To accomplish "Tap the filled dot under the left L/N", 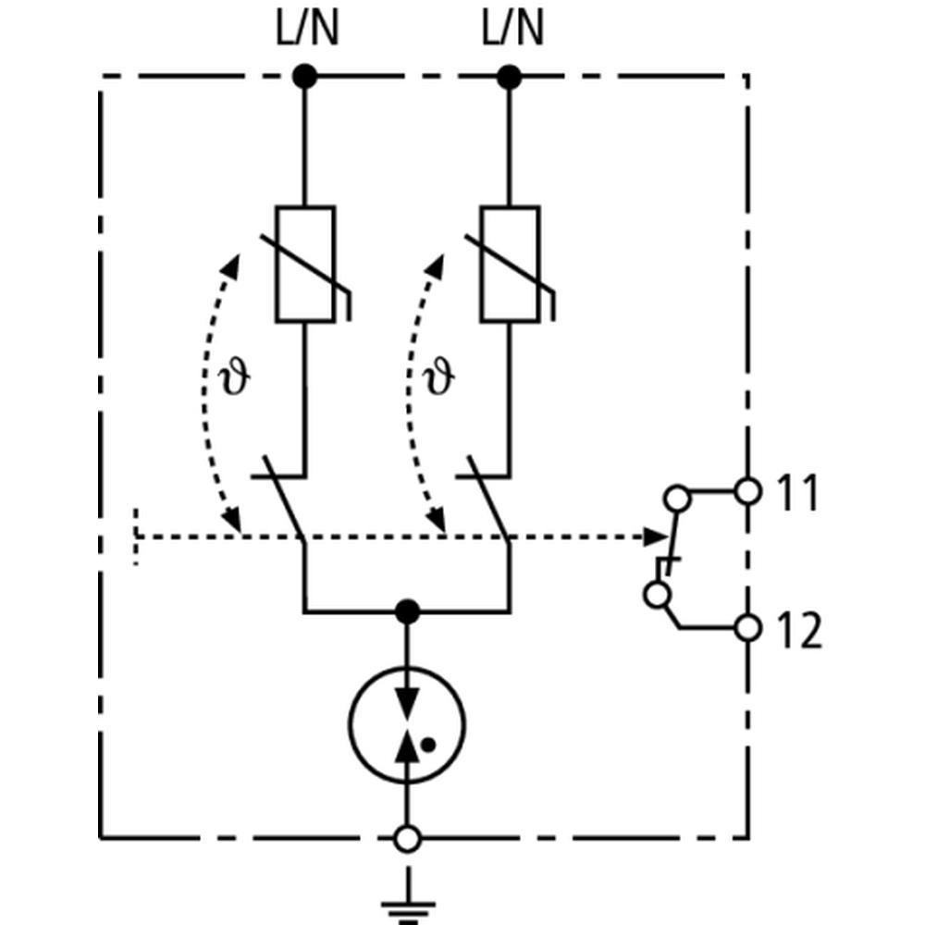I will coord(304,77).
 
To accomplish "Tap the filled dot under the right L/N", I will coord(509,77).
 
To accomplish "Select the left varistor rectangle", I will coord(304,264).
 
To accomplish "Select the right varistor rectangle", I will coord(509,264).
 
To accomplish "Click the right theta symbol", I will coord(439,377).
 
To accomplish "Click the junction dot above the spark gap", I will coord(406,611).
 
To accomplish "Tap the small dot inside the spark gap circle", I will coord(427,742).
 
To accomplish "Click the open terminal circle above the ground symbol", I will coord(406,839).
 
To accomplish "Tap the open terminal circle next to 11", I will coord(748,491).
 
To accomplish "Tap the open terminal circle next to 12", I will coord(748,629).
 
